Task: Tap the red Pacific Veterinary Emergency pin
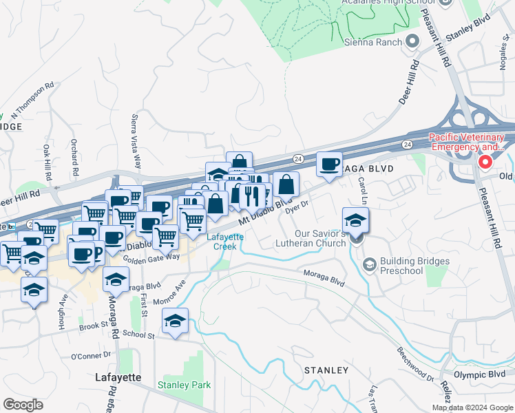(x=485, y=162)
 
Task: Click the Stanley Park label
(x=184, y=385)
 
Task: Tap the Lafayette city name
(x=118, y=378)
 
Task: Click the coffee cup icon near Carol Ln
(x=329, y=165)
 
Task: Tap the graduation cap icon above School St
(x=175, y=321)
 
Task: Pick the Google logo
(x=23, y=405)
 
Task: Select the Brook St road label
(x=90, y=327)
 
